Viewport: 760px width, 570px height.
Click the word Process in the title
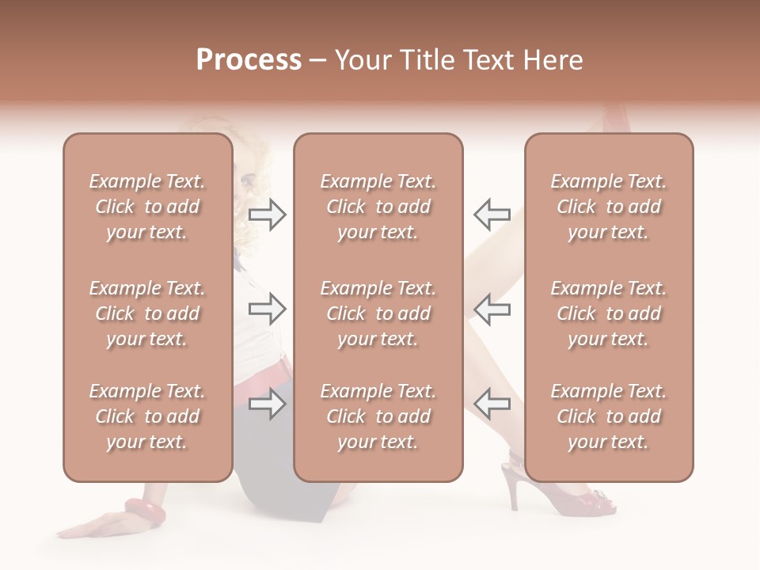249,60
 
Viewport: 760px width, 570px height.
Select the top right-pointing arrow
267,215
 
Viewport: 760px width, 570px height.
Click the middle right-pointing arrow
267,309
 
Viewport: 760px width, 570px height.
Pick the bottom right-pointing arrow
267,404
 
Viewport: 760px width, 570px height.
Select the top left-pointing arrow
492,215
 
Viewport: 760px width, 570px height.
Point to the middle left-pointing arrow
492,309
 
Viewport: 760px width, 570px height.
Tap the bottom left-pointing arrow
492,404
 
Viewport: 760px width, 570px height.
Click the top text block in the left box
147,207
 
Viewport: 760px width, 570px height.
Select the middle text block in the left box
147,313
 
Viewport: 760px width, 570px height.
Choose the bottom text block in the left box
147,416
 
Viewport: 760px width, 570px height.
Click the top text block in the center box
378,207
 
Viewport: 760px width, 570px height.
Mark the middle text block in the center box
378,313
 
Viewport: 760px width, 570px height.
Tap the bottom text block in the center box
378,416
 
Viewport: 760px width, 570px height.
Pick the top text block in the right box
609,207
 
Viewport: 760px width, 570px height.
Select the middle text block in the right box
609,313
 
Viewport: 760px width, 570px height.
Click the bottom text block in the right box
609,416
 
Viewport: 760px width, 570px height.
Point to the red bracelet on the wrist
145,511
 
